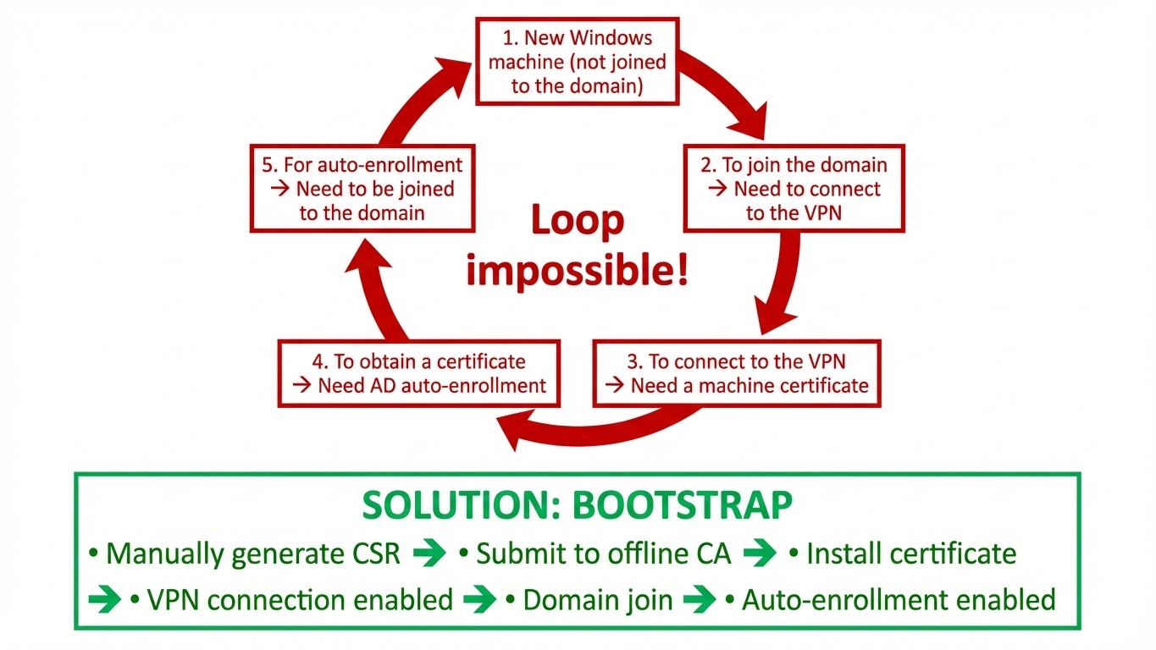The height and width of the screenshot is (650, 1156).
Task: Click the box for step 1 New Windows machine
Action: pyautogui.click(x=577, y=62)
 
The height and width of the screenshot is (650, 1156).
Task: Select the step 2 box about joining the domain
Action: pyautogui.click(x=794, y=189)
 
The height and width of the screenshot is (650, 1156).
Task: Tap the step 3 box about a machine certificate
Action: pyautogui.click(x=736, y=373)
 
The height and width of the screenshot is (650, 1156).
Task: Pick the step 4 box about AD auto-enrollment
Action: pyautogui.click(x=419, y=373)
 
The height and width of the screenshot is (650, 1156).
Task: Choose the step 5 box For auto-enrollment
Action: pyautogui.click(x=362, y=188)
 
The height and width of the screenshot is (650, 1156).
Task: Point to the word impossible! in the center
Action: pyautogui.click(x=577, y=273)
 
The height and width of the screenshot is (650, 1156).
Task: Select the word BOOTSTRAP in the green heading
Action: pyautogui.click(x=683, y=506)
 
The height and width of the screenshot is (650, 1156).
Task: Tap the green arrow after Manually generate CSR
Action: pyautogui.click(x=429, y=554)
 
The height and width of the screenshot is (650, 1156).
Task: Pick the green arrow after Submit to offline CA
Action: pyautogui.click(x=760, y=554)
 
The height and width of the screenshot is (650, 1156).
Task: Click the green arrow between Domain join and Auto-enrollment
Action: pyautogui.click(x=700, y=600)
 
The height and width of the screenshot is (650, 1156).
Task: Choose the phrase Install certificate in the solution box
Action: pyautogui.click(x=911, y=554)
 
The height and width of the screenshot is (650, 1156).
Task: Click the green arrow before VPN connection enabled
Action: pyautogui.click(x=105, y=600)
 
